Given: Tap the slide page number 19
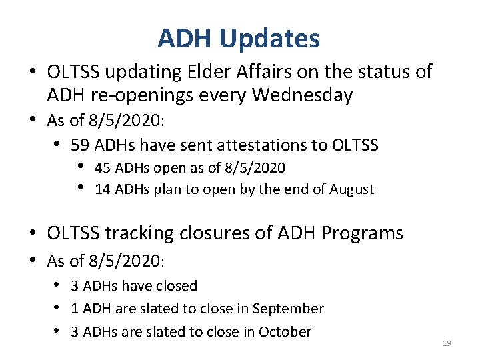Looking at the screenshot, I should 447,343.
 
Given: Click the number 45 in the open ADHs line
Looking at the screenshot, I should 103,167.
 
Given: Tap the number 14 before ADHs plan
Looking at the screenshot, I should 103,189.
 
